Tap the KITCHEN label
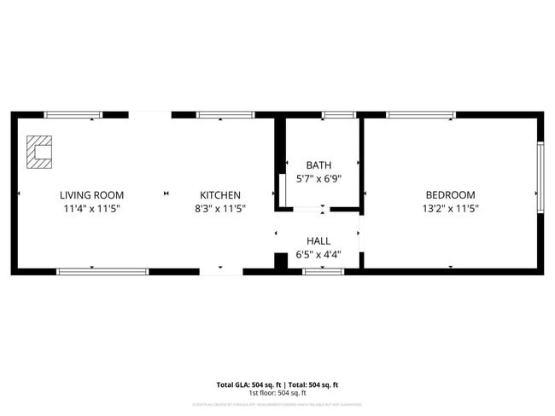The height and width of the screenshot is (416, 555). tap(220, 195)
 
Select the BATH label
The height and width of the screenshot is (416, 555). tap(318, 165)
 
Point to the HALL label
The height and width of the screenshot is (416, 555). tap(318, 241)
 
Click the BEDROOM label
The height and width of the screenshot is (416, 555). tap(450, 195)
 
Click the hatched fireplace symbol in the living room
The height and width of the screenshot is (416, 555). tap(38, 152)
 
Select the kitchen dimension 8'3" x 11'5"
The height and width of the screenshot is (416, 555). tap(220, 208)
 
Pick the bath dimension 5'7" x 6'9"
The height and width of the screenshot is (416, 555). tap(318, 179)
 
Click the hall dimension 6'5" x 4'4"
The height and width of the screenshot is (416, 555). tap(318, 254)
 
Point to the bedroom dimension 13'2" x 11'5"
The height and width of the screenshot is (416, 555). tap(450, 208)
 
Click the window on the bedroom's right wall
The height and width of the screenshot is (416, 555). tap(540, 176)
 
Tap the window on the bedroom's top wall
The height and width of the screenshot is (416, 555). tap(420, 114)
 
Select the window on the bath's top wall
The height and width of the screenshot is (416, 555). tap(339, 114)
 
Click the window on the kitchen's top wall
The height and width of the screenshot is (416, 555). tap(225, 114)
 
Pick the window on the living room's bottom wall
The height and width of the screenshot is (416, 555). tap(102, 272)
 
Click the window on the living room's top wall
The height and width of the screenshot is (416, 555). tap(73, 114)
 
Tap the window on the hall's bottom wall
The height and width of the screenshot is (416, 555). tap(324, 272)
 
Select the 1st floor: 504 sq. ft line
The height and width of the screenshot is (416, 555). tap(277, 393)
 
